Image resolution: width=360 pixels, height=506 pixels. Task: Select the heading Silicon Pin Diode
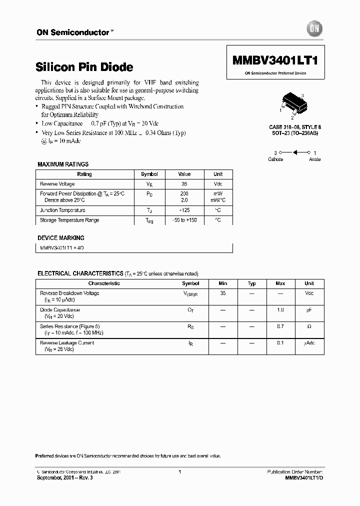coord(84,66)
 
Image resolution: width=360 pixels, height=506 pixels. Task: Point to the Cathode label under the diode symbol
coord(275,159)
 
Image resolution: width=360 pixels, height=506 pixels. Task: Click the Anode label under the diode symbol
coord(314,159)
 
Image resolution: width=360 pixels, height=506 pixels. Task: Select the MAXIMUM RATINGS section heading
coord(63,164)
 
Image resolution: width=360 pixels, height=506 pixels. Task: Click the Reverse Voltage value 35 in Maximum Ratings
coord(184,184)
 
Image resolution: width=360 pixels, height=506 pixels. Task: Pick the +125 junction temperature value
coord(184,210)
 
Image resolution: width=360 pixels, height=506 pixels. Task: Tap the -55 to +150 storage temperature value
coord(184,220)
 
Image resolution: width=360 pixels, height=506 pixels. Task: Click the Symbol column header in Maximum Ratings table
coord(149,174)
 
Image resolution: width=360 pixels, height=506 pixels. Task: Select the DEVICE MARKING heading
coord(61,238)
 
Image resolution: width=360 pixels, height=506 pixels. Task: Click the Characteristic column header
coord(104,283)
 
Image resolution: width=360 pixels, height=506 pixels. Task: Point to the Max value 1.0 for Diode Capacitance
coord(280,310)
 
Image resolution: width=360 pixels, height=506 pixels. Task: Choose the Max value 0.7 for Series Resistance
coord(280,326)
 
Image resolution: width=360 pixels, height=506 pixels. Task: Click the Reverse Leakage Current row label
coord(67,343)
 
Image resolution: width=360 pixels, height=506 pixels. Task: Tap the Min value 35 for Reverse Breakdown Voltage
coord(222,293)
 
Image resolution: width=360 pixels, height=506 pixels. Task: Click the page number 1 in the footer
coord(179,472)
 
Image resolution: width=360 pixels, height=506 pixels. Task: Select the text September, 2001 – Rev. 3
coord(64,477)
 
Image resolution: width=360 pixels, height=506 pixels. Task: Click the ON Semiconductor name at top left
coord(72,32)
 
